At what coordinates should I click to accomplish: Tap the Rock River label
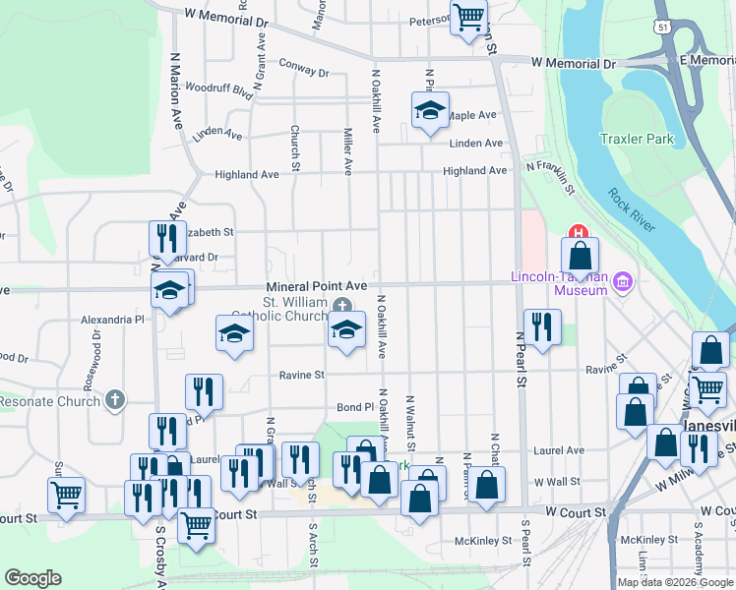[631, 210]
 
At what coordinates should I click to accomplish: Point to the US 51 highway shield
[662, 29]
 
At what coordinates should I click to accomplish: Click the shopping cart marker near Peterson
[468, 17]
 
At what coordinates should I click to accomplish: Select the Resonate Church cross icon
[115, 400]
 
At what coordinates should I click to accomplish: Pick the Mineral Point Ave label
[316, 286]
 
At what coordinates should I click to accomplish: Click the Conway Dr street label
[304, 70]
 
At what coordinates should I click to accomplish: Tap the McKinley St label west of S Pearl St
[482, 540]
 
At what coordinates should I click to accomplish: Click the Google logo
[32, 578]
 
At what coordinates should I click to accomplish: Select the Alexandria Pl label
[112, 320]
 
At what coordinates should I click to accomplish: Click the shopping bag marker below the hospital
[581, 256]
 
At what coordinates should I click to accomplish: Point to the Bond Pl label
[355, 406]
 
